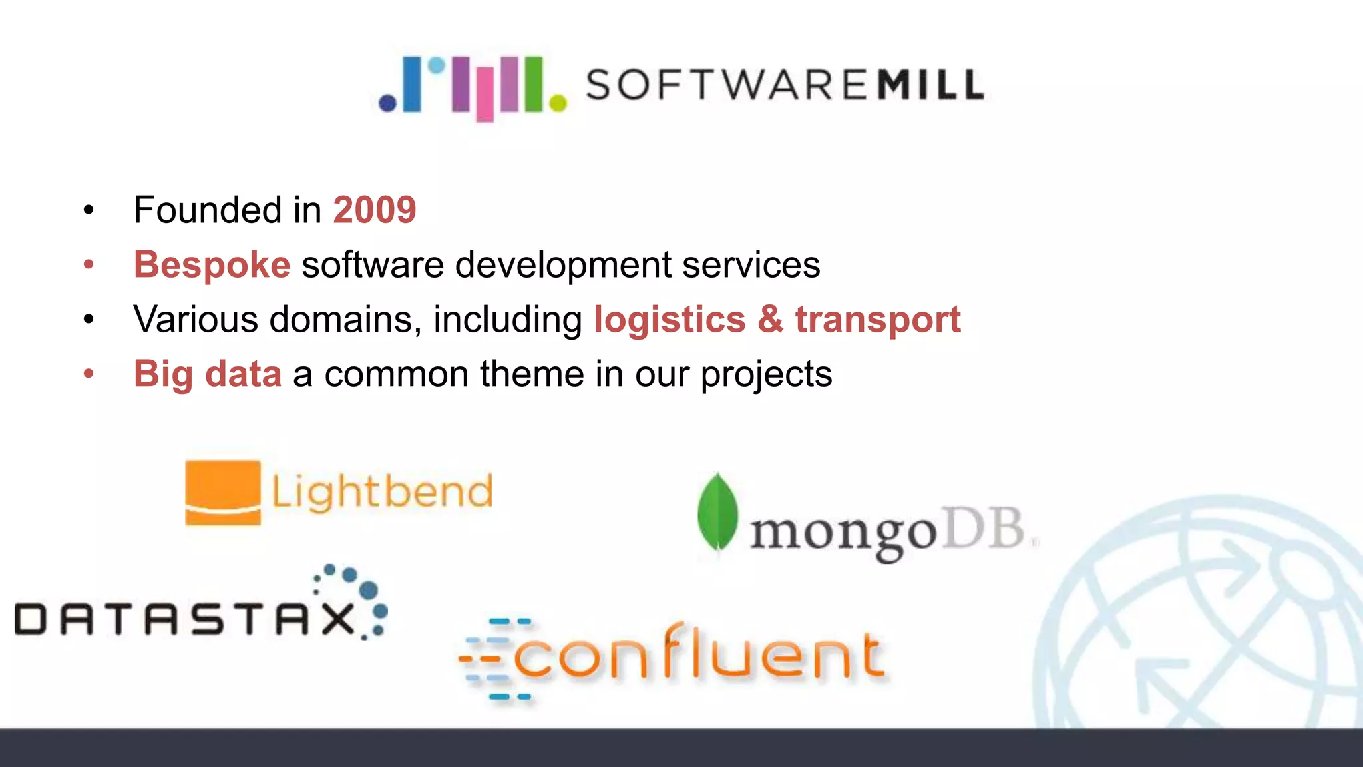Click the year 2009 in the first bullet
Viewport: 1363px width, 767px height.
coord(374,210)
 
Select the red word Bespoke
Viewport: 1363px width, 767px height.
coord(212,265)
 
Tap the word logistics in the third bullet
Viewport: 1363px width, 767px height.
coord(669,320)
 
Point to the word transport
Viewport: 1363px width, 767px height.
coord(877,320)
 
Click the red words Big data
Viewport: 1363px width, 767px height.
coord(207,374)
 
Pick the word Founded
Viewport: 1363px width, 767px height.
coord(207,210)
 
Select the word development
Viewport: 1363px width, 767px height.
coord(562,265)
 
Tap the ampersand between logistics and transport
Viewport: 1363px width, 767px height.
coord(770,320)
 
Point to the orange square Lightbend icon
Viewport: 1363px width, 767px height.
coord(223,493)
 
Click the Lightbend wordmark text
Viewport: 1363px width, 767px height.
coord(382,493)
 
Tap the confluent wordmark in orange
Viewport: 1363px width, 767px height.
coord(699,656)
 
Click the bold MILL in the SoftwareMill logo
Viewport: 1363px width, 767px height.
coord(930,85)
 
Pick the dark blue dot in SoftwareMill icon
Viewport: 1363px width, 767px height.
coord(387,103)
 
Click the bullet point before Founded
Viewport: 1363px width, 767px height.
coord(89,211)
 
